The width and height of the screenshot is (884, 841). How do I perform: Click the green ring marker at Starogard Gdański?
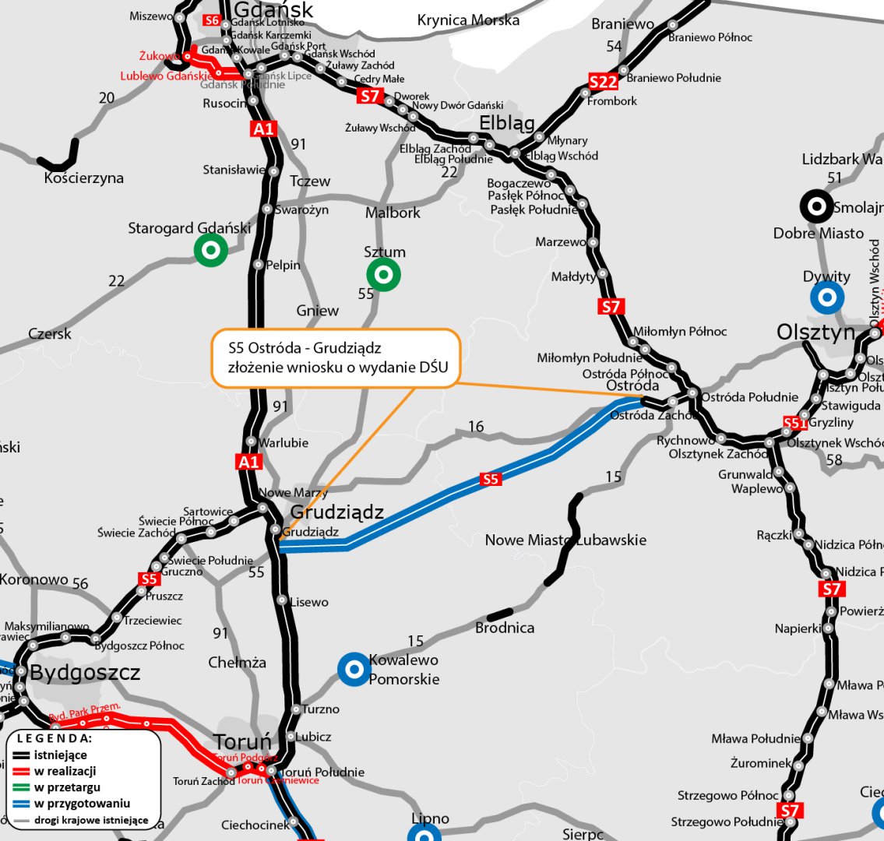210,250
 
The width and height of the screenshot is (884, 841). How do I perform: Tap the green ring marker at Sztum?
383,274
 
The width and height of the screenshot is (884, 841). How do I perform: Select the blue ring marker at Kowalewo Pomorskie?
354,668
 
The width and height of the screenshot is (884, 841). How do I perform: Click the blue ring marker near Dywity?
826,297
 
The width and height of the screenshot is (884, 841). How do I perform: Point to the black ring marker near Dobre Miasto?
817,206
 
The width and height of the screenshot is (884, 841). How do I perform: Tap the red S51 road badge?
794,423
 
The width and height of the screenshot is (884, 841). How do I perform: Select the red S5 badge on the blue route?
490,479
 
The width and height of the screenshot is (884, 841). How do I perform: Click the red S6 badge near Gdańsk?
211,20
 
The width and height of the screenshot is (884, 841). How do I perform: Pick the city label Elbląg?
507,123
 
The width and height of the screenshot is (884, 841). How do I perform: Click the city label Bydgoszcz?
85,673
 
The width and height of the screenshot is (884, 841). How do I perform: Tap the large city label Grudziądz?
337,512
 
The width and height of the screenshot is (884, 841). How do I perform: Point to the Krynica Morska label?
468,20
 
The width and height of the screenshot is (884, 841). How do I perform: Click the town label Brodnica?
505,627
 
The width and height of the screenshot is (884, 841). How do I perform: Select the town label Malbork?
393,213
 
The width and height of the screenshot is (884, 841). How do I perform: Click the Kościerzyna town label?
84,178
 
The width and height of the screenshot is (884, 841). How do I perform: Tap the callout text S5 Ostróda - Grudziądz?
305,346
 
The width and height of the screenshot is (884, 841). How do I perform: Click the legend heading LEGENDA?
55,737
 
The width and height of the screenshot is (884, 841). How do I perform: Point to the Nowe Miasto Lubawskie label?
565,540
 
